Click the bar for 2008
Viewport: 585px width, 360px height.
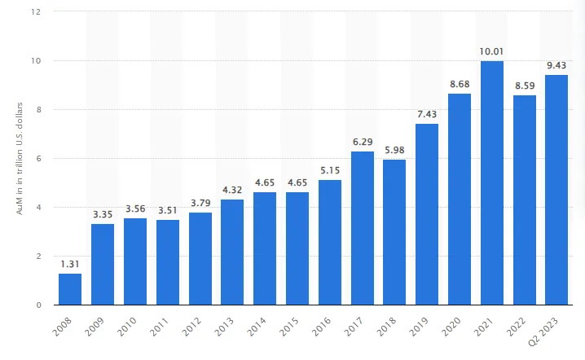click(x=70, y=289)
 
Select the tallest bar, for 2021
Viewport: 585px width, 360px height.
click(x=492, y=183)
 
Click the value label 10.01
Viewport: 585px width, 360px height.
click(x=492, y=50)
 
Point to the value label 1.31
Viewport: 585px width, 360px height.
click(x=70, y=263)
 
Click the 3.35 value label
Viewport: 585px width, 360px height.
click(x=103, y=213)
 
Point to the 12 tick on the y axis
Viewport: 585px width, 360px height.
click(x=37, y=12)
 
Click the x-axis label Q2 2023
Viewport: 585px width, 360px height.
click(x=548, y=332)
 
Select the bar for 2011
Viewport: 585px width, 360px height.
click(x=168, y=262)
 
